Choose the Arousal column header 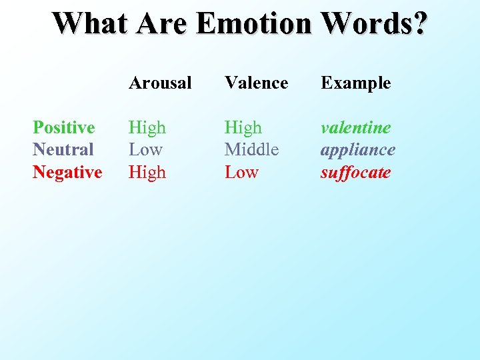(160, 83)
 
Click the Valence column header (256, 83)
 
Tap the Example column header (355, 83)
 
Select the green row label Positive (64, 127)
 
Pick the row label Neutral (63, 149)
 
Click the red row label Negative (67, 172)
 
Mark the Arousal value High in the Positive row (147, 127)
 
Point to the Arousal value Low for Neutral (145, 149)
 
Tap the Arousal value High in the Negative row (147, 172)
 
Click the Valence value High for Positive (243, 127)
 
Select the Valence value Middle (251, 149)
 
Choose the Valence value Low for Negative (241, 172)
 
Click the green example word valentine (355, 127)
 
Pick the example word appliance (357, 150)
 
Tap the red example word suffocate (355, 172)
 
